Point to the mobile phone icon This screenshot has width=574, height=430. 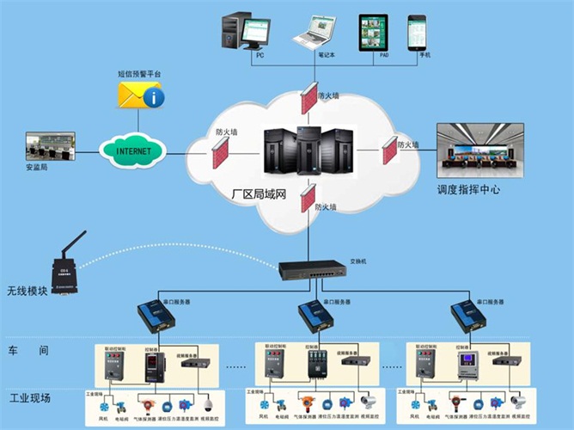pyautogui.click(x=418, y=33)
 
